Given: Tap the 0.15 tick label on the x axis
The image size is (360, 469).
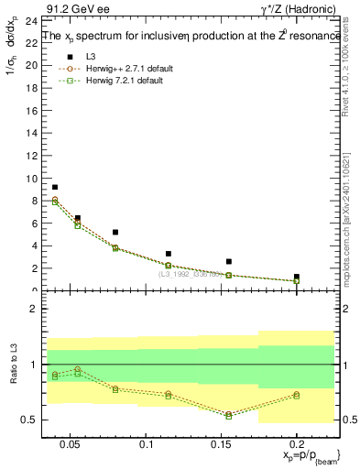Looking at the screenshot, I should [x=221, y=444].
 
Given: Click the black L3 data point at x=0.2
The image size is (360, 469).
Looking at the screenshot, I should [x=296, y=277].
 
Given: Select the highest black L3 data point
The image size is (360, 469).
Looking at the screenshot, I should [x=55, y=187].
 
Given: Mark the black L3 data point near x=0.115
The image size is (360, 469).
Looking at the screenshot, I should [x=169, y=254].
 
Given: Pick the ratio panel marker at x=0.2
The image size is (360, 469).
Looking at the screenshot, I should [x=296, y=395].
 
